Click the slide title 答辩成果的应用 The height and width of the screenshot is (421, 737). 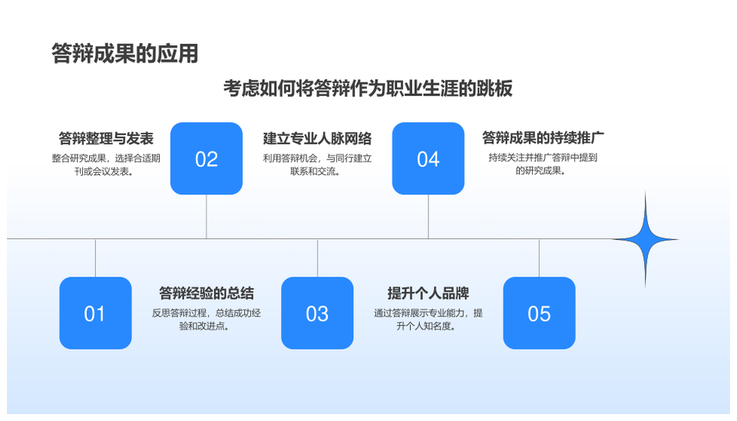point(125,53)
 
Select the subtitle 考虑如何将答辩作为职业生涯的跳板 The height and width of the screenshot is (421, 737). point(368,88)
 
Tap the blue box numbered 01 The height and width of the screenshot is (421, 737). point(95,313)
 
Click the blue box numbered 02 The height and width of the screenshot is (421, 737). point(207,158)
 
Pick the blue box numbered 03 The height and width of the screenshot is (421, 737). point(317,313)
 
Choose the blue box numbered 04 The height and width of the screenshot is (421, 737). point(428,158)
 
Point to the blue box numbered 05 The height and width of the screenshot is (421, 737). point(539,313)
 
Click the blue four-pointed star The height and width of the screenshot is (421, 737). point(645,240)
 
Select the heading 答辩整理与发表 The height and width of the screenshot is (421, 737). point(106,138)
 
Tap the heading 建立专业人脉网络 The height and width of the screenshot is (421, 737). point(317,138)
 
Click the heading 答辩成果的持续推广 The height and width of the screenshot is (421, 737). point(543,138)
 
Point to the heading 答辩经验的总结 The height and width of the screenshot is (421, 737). point(207,293)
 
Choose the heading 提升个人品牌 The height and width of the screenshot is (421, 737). point(428,293)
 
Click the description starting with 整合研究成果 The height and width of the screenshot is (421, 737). point(106,164)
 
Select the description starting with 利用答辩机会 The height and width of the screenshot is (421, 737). point(317,164)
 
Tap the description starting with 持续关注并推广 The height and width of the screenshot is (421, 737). point(543,164)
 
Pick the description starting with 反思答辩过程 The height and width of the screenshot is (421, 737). point(207,319)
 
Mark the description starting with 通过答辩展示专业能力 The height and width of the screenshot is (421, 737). point(428,319)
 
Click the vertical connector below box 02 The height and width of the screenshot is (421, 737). point(207,217)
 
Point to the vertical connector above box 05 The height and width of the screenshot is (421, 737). point(539,258)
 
